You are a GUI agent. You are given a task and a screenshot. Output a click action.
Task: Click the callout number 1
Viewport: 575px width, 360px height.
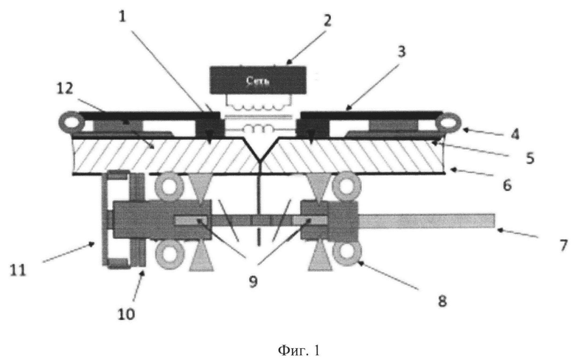tap(122, 16)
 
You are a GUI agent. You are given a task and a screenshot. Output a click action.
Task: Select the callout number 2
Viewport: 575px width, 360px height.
tap(327, 20)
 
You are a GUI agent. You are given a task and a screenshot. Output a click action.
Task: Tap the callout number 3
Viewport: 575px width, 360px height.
tap(402, 52)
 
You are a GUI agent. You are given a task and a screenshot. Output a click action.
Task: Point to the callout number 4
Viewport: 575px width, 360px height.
tap(515, 134)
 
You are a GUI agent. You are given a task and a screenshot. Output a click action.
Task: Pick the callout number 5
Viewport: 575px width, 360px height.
tap(530, 158)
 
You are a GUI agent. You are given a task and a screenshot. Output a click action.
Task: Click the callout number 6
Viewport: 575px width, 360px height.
tap(507, 185)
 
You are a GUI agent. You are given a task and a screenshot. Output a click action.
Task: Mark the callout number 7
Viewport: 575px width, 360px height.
tap(564, 245)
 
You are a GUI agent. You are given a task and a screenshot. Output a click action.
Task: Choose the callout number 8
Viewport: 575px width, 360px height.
tap(442, 301)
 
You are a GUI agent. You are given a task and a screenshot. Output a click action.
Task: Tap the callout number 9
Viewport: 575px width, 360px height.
tap(253, 282)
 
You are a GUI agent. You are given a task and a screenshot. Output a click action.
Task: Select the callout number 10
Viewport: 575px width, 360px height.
tap(126, 314)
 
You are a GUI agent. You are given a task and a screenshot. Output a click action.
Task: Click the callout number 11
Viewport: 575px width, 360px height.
tap(18, 271)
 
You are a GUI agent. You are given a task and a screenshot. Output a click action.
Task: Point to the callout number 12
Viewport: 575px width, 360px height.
tap(65, 88)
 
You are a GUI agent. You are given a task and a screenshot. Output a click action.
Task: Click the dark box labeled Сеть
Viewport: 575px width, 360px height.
tap(258, 80)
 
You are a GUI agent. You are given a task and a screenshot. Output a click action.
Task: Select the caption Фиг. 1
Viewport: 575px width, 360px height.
tap(299, 350)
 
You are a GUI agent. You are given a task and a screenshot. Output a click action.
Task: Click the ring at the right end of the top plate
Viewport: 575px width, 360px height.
tap(447, 122)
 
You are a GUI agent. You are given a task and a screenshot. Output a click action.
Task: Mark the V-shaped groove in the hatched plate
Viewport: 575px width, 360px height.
tap(259, 149)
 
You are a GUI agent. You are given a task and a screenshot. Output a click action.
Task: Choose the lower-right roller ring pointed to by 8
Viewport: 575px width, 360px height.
tap(347, 252)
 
